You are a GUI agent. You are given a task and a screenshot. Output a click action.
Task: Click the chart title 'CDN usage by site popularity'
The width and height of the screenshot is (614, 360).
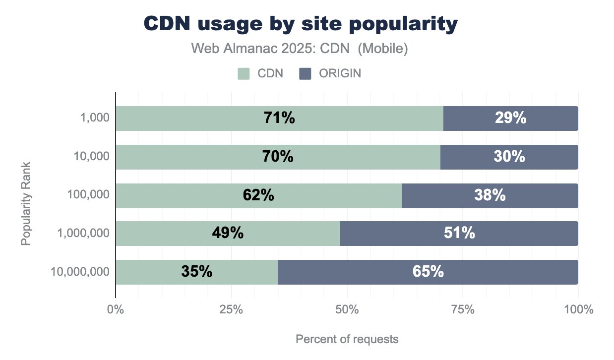300,24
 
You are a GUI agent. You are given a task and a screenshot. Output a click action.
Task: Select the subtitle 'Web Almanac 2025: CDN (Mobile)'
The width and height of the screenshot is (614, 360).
300,49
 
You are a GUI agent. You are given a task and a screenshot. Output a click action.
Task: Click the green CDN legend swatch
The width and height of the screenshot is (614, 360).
243,74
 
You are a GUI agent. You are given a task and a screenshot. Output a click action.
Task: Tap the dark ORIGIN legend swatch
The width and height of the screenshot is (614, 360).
305,74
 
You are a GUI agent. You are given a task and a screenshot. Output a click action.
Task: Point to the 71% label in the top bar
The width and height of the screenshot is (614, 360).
279,119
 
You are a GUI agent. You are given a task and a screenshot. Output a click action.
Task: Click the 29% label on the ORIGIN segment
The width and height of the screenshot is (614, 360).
510,119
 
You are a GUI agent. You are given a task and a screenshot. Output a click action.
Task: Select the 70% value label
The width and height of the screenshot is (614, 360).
278,157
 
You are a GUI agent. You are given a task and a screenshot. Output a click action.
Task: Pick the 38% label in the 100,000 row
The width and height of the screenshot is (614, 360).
490,195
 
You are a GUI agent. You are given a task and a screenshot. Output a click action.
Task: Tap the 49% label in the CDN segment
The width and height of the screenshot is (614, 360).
228,234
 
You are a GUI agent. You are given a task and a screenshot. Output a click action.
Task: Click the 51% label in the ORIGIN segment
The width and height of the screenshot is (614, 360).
459,234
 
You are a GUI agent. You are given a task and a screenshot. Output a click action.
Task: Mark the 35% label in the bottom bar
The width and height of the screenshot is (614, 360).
196,272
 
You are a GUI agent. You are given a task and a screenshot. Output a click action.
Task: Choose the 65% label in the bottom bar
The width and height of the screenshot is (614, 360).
428,272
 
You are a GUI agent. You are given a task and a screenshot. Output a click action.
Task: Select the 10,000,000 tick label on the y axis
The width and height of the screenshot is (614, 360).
80,272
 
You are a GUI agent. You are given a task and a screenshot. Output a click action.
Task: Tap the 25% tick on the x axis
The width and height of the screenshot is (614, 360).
231,310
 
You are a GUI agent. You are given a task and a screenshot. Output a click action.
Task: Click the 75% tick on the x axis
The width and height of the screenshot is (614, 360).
463,310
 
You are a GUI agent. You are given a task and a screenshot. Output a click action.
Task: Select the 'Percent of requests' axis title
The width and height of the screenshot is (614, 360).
347,340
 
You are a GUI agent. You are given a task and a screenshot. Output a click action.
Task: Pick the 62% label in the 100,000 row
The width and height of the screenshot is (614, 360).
258,195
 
